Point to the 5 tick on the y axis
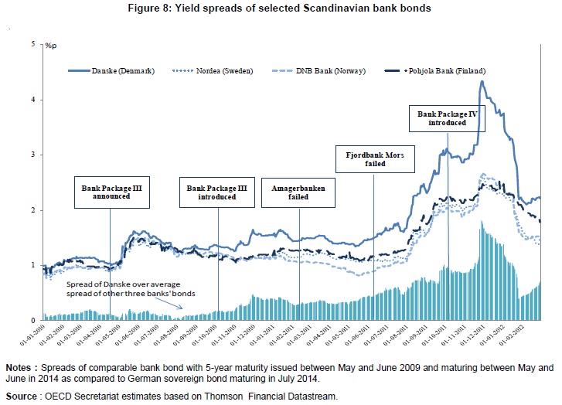click(33, 45)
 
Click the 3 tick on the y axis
click(33, 155)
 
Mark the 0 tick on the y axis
click(33, 320)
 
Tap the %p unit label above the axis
click(52, 47)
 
